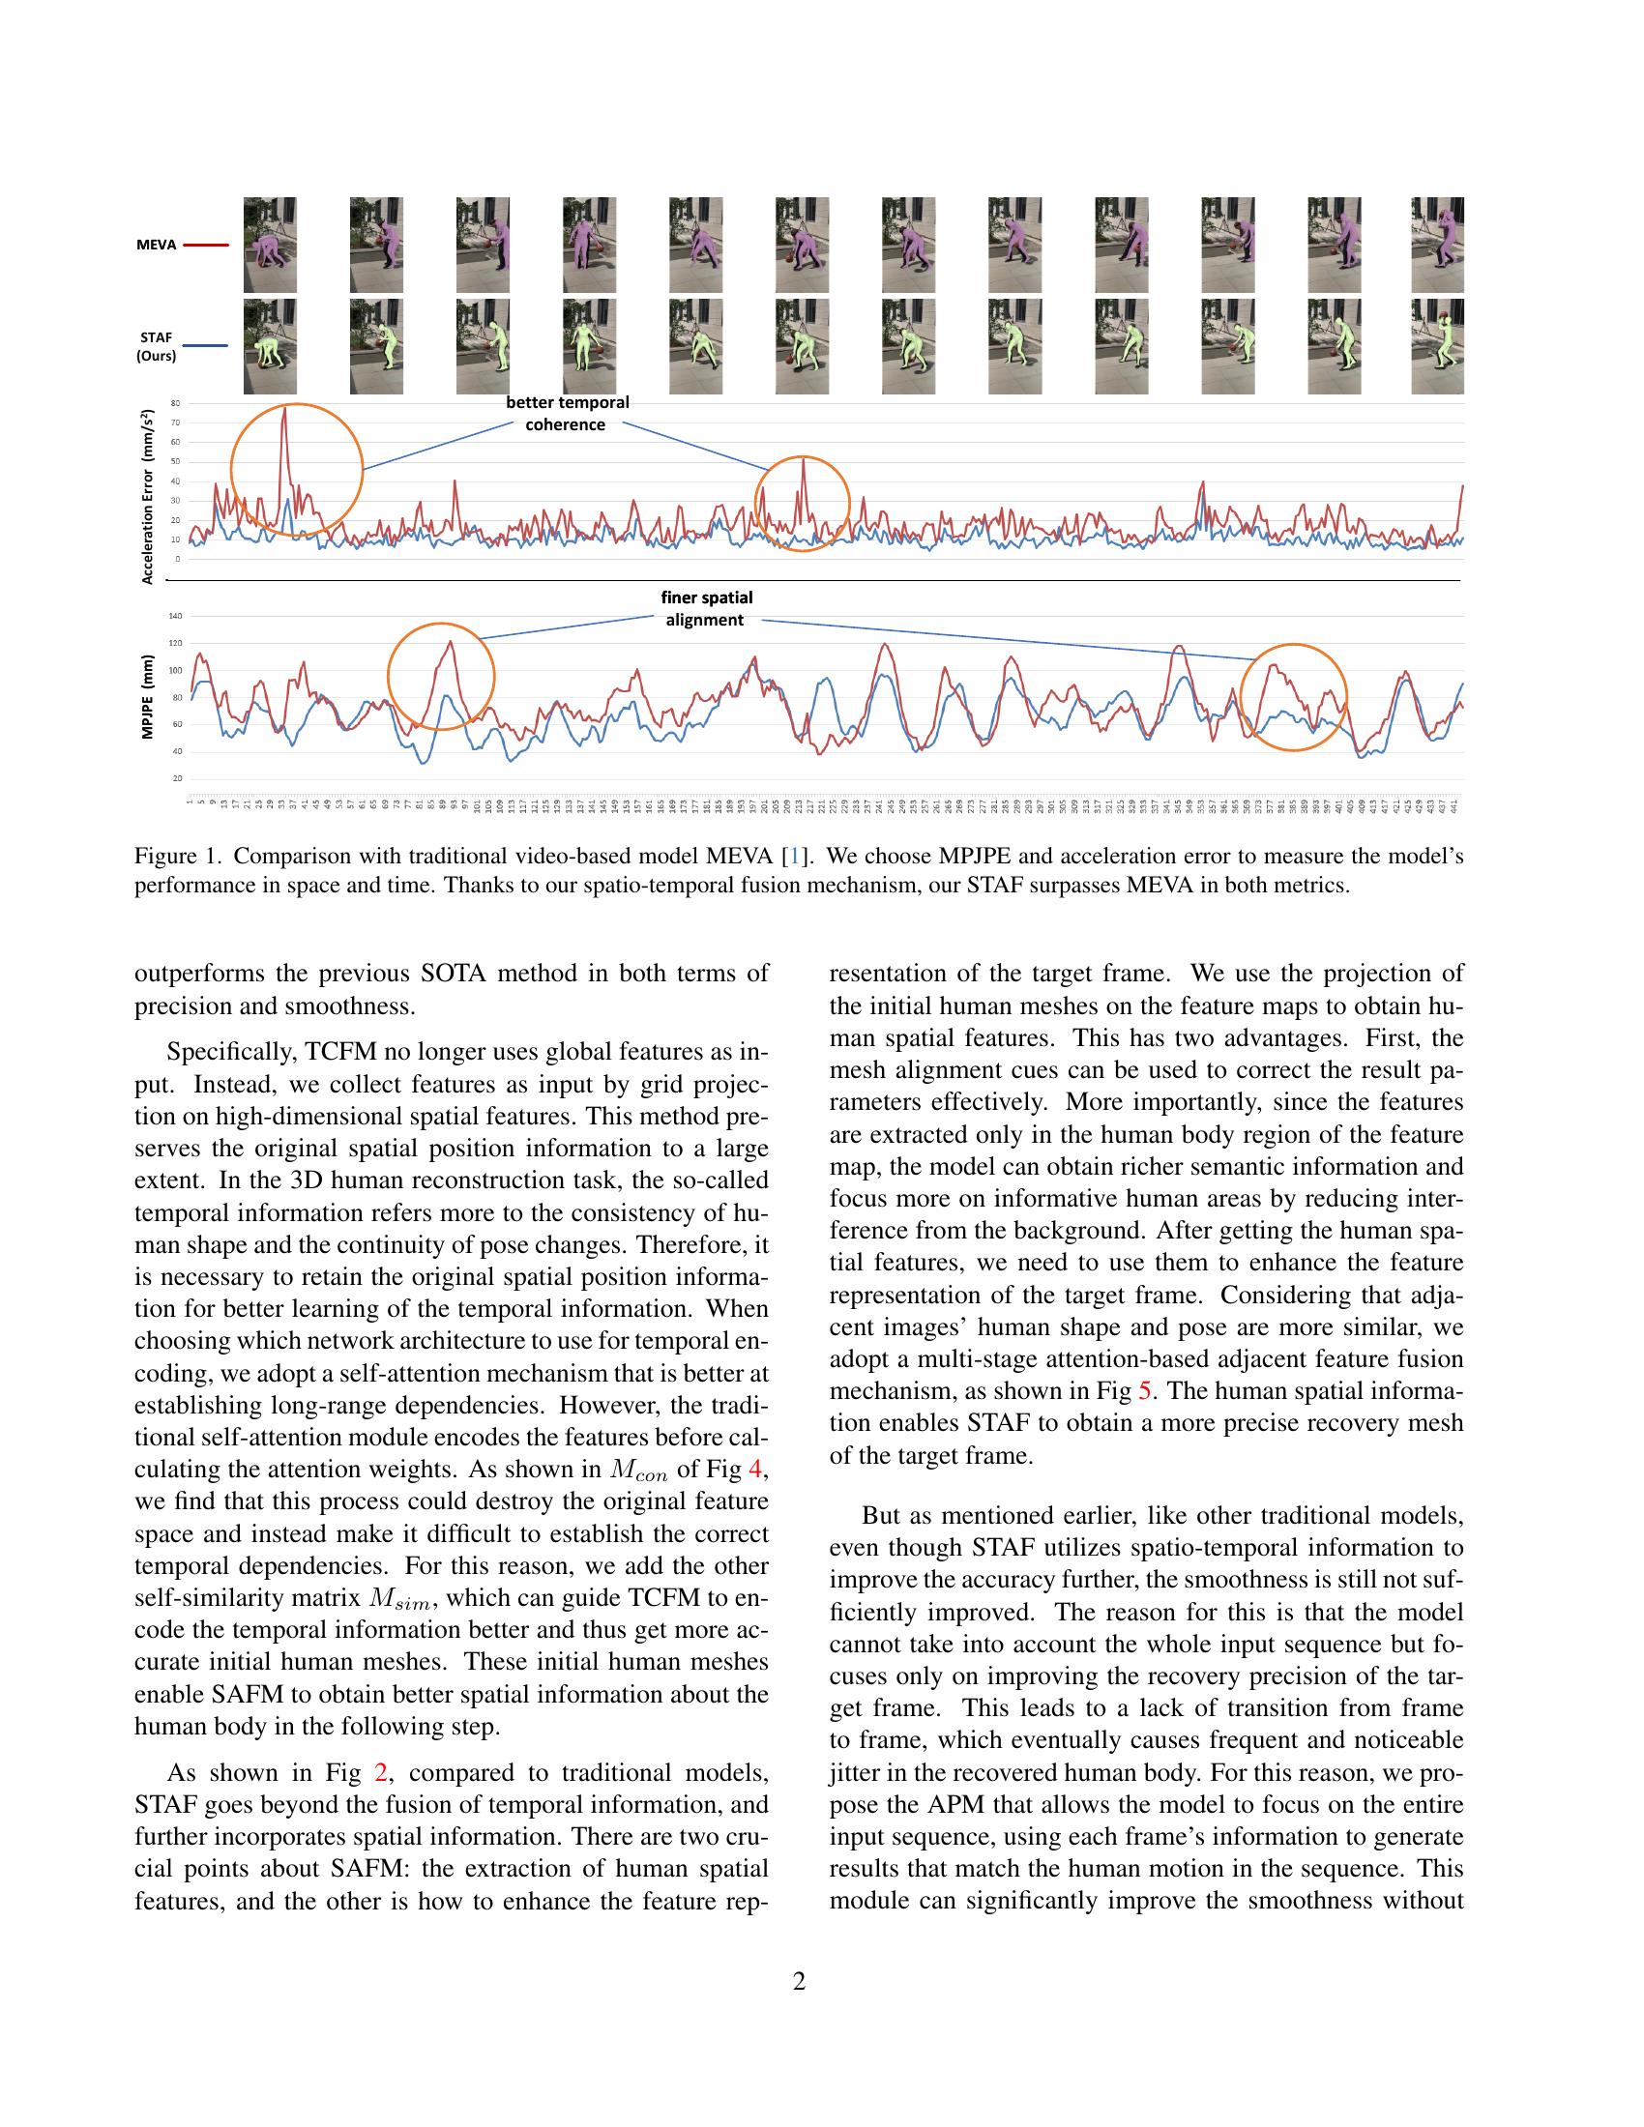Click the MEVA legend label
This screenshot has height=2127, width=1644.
156,246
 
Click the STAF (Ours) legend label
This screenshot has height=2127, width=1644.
156,347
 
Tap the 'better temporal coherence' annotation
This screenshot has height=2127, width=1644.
566,413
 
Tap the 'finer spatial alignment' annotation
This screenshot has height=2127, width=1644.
705,609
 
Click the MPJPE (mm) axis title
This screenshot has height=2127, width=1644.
148,696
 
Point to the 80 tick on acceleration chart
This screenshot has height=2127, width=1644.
175,403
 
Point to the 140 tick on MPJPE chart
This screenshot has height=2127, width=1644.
175,616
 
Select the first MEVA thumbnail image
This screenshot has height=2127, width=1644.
270,245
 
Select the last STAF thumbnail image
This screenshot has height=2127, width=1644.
1437,347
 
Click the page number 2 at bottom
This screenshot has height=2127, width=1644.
800,1981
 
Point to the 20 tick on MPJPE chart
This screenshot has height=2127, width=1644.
177,779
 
